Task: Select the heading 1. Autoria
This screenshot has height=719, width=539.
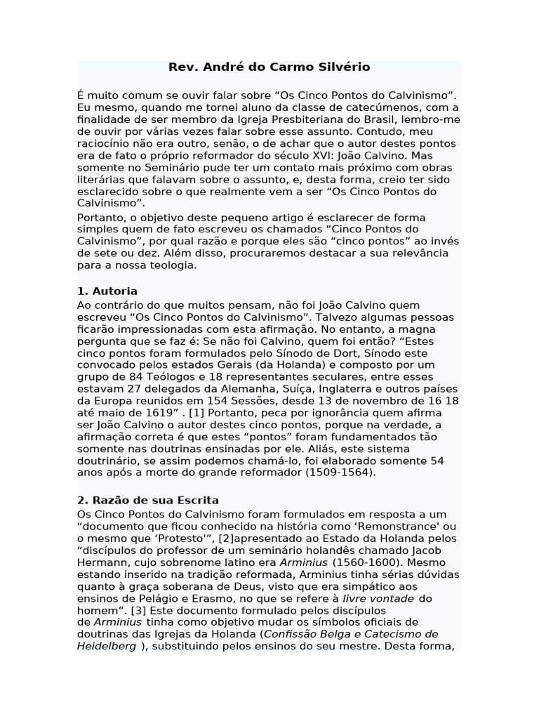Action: pyautogui.click(x=107, y=291)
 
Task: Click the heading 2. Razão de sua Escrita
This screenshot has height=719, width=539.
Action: pyautogui.click(x=148, y=501)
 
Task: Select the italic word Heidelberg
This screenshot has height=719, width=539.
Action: pyautogui.click(x=107, y=646)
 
